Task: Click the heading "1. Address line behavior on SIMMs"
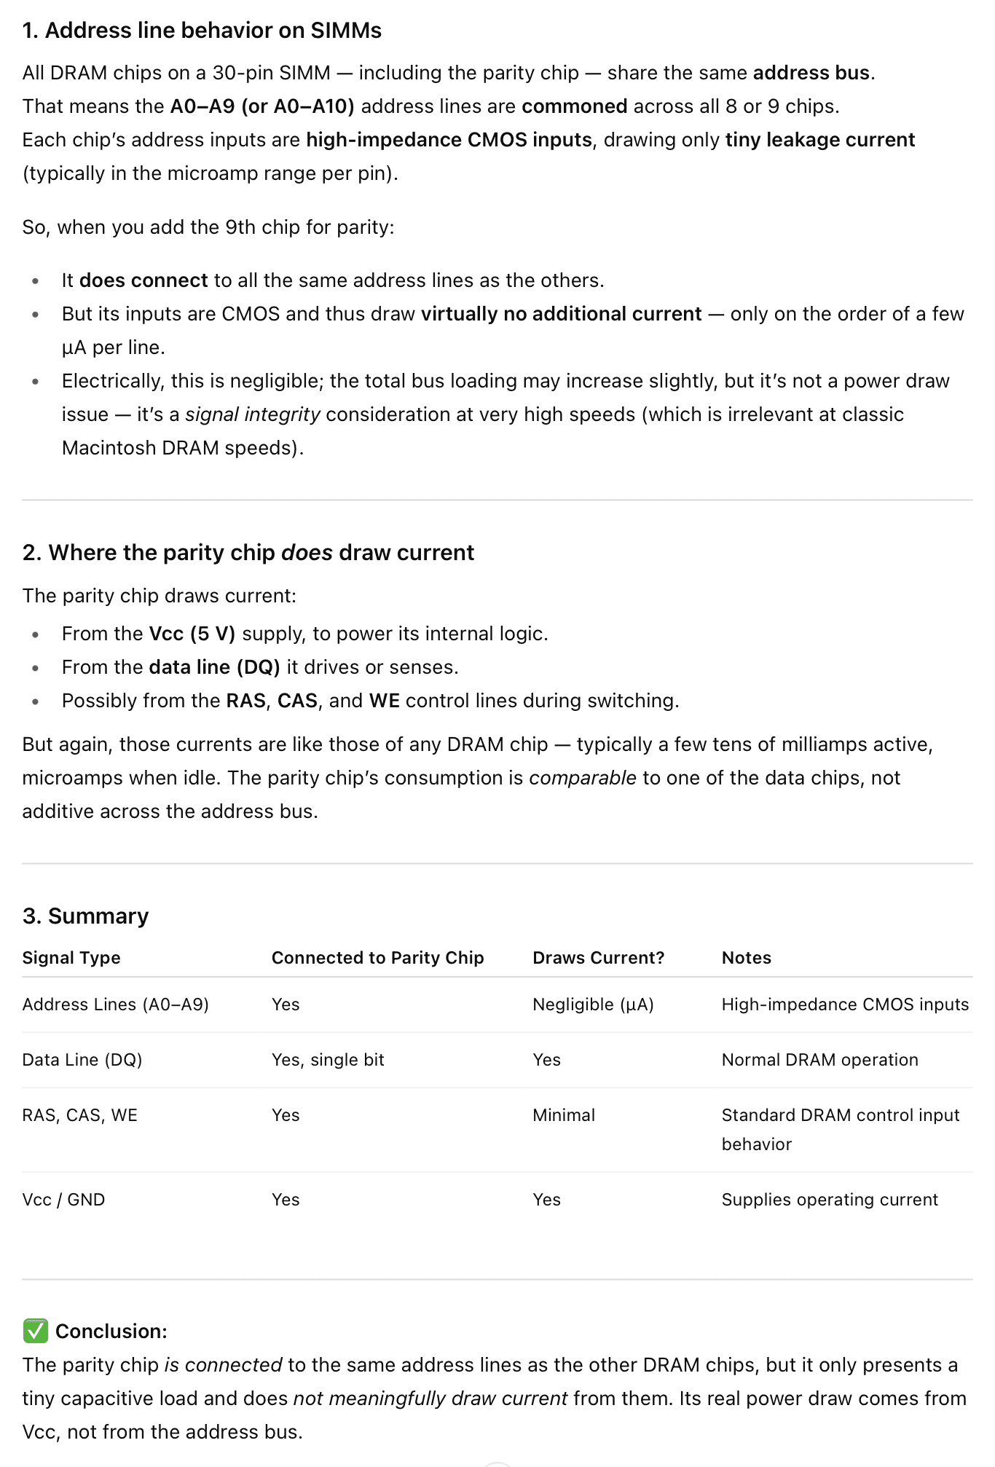tap(202, 31)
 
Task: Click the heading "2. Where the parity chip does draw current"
tap(248, 553)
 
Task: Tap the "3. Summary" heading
tap(85, 916)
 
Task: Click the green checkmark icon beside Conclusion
tap(35, 1331)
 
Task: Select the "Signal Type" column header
tap(71, 958)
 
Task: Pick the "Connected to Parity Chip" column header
tap(377, 958)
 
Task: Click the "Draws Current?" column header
tap(598, 958)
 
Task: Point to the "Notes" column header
tap(746, 958)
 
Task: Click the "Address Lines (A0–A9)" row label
tap(115, 1004)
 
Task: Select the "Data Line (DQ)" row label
tap(82, 1060)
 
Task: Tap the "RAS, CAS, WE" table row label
tap(79, 1115)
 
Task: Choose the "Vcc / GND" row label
tap(63, 1200)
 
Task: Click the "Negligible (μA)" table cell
tap(593, 1004)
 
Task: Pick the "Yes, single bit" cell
tap(328, 1060)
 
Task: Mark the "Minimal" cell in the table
tap(564, 1115)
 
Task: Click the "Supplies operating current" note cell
tap(830, 1200)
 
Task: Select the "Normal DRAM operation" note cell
tap(819, 1060)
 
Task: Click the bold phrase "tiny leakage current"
tap(819, 140)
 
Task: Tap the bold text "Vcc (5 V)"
tap(192, 634)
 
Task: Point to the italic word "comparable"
tap(582, 778)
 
